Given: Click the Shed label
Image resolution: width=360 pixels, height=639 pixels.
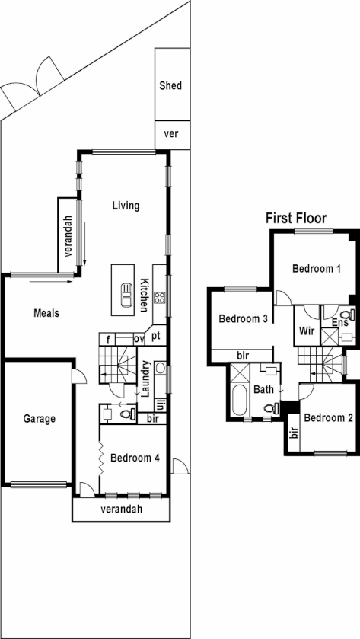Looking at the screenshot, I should pyautogui.click(x=170, y=86).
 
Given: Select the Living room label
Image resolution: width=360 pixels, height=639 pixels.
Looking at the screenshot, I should pyautogui.click(x=126, y=206).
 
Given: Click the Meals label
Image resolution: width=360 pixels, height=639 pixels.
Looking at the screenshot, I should pyautogui.click(x=46, y=312).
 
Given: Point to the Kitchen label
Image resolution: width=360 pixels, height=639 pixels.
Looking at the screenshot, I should pyautogui.click(x=143, y=294).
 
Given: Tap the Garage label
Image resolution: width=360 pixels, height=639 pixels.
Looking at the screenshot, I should pyautogui.click(x=39, y=418).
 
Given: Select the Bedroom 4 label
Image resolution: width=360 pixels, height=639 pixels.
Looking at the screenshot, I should pyautogui.click(x=135, y=458).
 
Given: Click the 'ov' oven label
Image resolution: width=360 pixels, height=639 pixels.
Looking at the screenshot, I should pyautogui.click(x=139, y=339).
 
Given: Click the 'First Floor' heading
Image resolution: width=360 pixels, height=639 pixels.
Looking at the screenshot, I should pyautogui.click(x=295, y=219).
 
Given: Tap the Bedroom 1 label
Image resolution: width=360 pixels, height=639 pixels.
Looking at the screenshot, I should pyautogui.click(x=317, y=269).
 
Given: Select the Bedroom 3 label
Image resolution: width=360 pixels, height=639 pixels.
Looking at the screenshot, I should pyautogui.click(x=243, y=318).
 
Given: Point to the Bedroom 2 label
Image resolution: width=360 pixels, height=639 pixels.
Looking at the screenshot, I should pyautogui.click(x=327, y=418).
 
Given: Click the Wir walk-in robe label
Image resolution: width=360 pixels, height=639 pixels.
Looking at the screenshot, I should pyautogui.click(x=307, y=331).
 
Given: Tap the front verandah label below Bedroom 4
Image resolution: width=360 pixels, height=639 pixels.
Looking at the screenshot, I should pyautogui.click(x=122, y=510).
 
